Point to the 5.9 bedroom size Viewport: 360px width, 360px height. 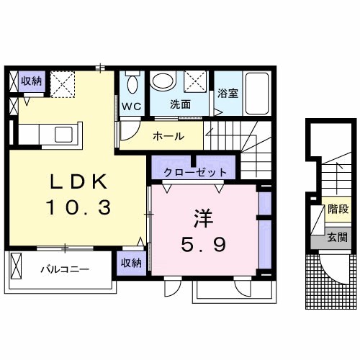click(204, 245)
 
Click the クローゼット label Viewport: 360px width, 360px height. click(196, 172)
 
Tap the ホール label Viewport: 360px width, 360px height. click(168, 137)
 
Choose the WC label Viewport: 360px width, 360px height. click(131, 105)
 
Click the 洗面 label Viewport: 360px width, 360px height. click(180, 104)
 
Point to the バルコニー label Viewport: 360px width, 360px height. click(65, 269)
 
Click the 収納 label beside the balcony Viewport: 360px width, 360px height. click(131, 263)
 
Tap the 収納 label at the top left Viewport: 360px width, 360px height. click(31, 80)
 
